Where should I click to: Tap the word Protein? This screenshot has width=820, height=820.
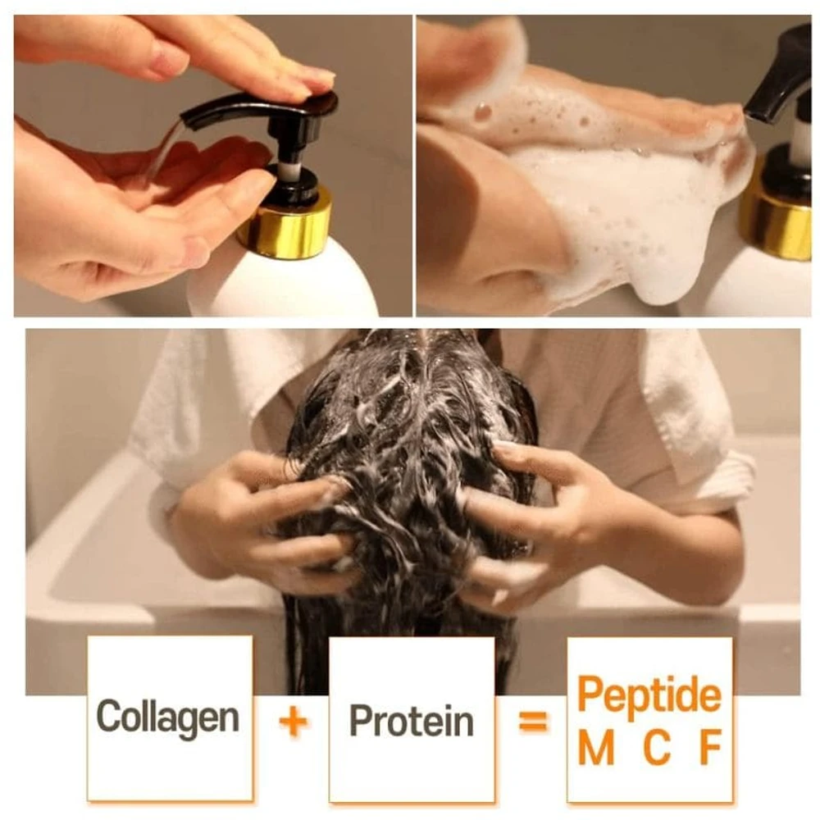click(411, 721)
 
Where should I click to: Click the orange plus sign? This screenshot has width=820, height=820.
click(294, 722)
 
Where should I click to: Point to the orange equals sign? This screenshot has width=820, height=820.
click(534, 722)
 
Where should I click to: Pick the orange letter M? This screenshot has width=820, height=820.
click(596, 747)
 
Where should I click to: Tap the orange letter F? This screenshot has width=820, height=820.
click(711, 747)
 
